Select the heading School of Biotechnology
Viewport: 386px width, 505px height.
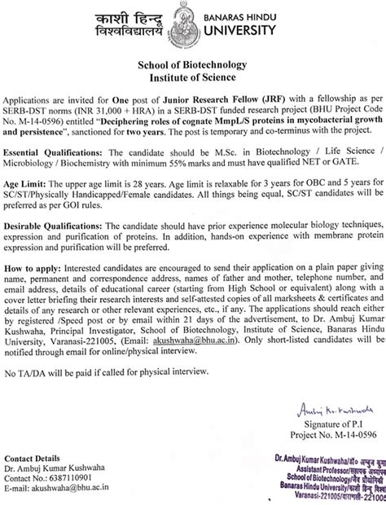193,66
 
